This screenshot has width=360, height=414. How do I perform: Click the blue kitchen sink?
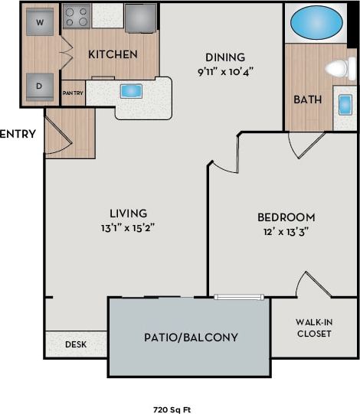(x=131, y=91)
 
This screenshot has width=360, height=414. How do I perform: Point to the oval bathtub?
(x=316, y=21)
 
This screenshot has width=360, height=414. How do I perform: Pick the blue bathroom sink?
(x=345, y=106)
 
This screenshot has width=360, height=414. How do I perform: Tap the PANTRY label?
(x=73, y=93)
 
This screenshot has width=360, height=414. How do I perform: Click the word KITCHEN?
(x=113, y=54)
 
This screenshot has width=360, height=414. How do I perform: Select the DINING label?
(x=225, y=57)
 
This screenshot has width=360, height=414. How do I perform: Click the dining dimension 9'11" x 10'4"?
(x=225, y=71)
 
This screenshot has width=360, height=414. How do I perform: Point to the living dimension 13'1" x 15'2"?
(x=128, y=227)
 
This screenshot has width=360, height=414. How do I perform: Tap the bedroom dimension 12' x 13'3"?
(x=286, y=232)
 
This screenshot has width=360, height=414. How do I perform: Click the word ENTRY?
(x=18, y=134)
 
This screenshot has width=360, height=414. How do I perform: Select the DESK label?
(x=75, y=344)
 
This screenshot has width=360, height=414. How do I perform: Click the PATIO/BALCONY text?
(x=191, y=337)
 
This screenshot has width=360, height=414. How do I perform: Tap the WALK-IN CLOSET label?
(x=313, y=328)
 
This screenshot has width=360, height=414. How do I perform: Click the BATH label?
(x=307, y=99)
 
